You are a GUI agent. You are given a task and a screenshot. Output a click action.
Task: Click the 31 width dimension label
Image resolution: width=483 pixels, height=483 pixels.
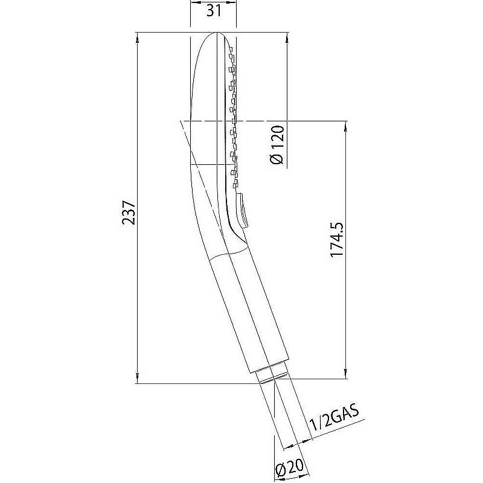click(x=214, y=11)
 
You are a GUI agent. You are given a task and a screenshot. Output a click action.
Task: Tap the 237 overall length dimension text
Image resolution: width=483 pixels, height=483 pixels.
click(x=129, y=213)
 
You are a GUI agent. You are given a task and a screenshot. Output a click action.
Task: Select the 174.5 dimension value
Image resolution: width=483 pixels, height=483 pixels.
click(x=337, y=238)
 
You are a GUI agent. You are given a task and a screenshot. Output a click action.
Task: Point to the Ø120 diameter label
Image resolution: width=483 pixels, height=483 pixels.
click(x=277, y=145)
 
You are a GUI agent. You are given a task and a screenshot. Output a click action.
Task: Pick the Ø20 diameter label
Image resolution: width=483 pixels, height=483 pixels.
click(x=290, y=470)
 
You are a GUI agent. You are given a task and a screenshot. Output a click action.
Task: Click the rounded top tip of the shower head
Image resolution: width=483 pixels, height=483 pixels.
click(x=217, y=33)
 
